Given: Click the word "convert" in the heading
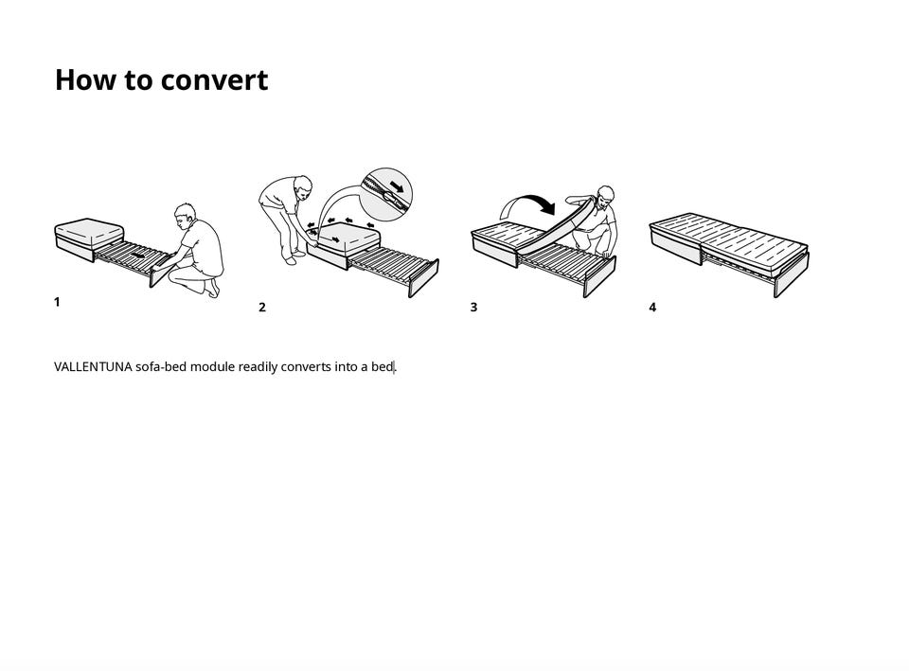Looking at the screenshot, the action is pos(214,80).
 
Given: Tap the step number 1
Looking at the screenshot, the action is pos(57,302).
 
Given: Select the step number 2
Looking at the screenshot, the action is pos(262,307).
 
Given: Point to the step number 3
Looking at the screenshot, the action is pos(473,307).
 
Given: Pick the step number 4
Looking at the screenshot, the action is pos(652,307).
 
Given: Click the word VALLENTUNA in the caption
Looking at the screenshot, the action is pos(94,367).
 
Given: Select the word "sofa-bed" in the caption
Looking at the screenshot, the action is pos(162,367).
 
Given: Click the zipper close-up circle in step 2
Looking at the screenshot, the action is pos(386,195).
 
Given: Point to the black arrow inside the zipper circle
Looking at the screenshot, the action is pos(397,186).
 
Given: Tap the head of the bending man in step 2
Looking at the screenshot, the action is pos(303,186).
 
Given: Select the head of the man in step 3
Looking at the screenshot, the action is pos(605,197).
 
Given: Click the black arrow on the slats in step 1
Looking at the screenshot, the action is pos(137,255).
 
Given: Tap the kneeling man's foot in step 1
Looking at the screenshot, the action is pos(213,288).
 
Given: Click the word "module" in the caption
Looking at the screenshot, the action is pos(213,367).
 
